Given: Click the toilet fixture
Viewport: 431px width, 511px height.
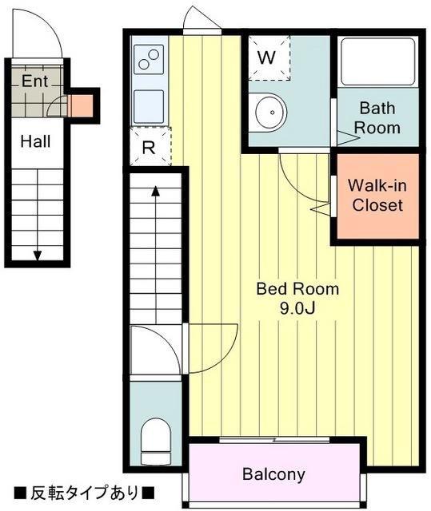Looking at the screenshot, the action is click(x=156, y=441).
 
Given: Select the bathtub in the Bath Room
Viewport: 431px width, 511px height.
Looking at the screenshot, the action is click(x=377, y=62).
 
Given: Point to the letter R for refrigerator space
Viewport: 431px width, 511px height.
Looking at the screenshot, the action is click(x=149, y=148).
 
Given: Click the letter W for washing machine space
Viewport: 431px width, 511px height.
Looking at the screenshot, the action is click(x=266, y=57).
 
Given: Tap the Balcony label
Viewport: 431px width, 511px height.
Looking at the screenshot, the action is click(x=273, y=474).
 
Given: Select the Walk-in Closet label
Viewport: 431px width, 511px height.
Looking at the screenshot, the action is click(x=377, y=196).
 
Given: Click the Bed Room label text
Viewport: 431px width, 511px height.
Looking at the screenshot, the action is click(x=297, y=289).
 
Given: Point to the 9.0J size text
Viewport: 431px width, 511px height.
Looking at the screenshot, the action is click(x=297, y=308).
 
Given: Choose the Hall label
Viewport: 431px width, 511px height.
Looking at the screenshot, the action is click(x=35, y=141).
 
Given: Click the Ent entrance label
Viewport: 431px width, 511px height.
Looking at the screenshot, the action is click(x=35, y=81).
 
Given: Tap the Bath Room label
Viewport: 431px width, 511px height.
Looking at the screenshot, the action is click(x=377, y=118).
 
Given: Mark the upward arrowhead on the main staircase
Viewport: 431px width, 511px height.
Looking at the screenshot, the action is click(x=156, y=191).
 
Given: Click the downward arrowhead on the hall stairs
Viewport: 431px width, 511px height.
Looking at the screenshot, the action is click(x=38, y=255).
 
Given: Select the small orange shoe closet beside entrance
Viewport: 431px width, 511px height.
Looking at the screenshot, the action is click(x=82, y=106).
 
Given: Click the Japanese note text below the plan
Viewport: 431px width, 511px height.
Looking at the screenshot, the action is click(x=84, y=493).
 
